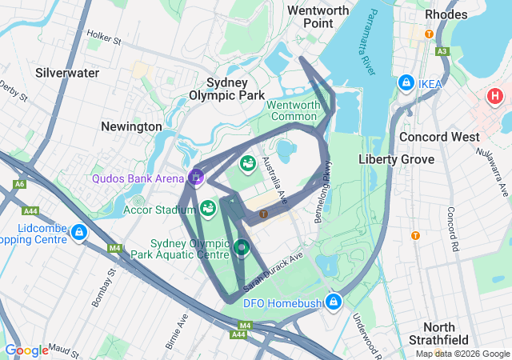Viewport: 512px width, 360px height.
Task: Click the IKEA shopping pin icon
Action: click(406, 83)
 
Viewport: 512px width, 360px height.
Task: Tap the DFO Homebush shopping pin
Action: click(334, 302)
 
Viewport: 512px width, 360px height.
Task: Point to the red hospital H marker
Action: click(494, 98)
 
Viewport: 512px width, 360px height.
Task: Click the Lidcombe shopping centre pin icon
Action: click(78, 233)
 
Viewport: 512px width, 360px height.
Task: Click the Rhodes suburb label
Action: click(446, 14)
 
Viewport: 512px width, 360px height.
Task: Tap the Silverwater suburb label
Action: click(67, 73)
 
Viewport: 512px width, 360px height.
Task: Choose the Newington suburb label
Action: click(131, 126)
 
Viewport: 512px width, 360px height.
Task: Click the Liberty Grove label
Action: click(396, 159)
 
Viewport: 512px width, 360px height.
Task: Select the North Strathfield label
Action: click(450, 334)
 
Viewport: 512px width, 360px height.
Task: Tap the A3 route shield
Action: click(442, 51)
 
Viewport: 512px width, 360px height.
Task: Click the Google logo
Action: click(26, 350)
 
